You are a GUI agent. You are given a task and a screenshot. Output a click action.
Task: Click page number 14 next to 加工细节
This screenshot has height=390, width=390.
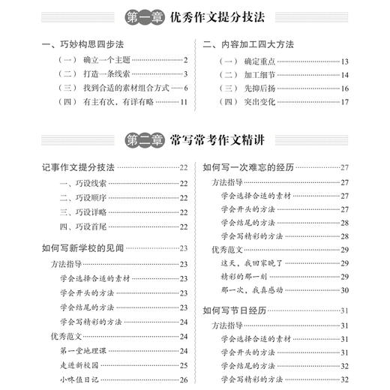pos(344,73)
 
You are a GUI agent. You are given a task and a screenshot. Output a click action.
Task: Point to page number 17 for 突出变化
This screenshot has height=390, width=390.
pos(344,102)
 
